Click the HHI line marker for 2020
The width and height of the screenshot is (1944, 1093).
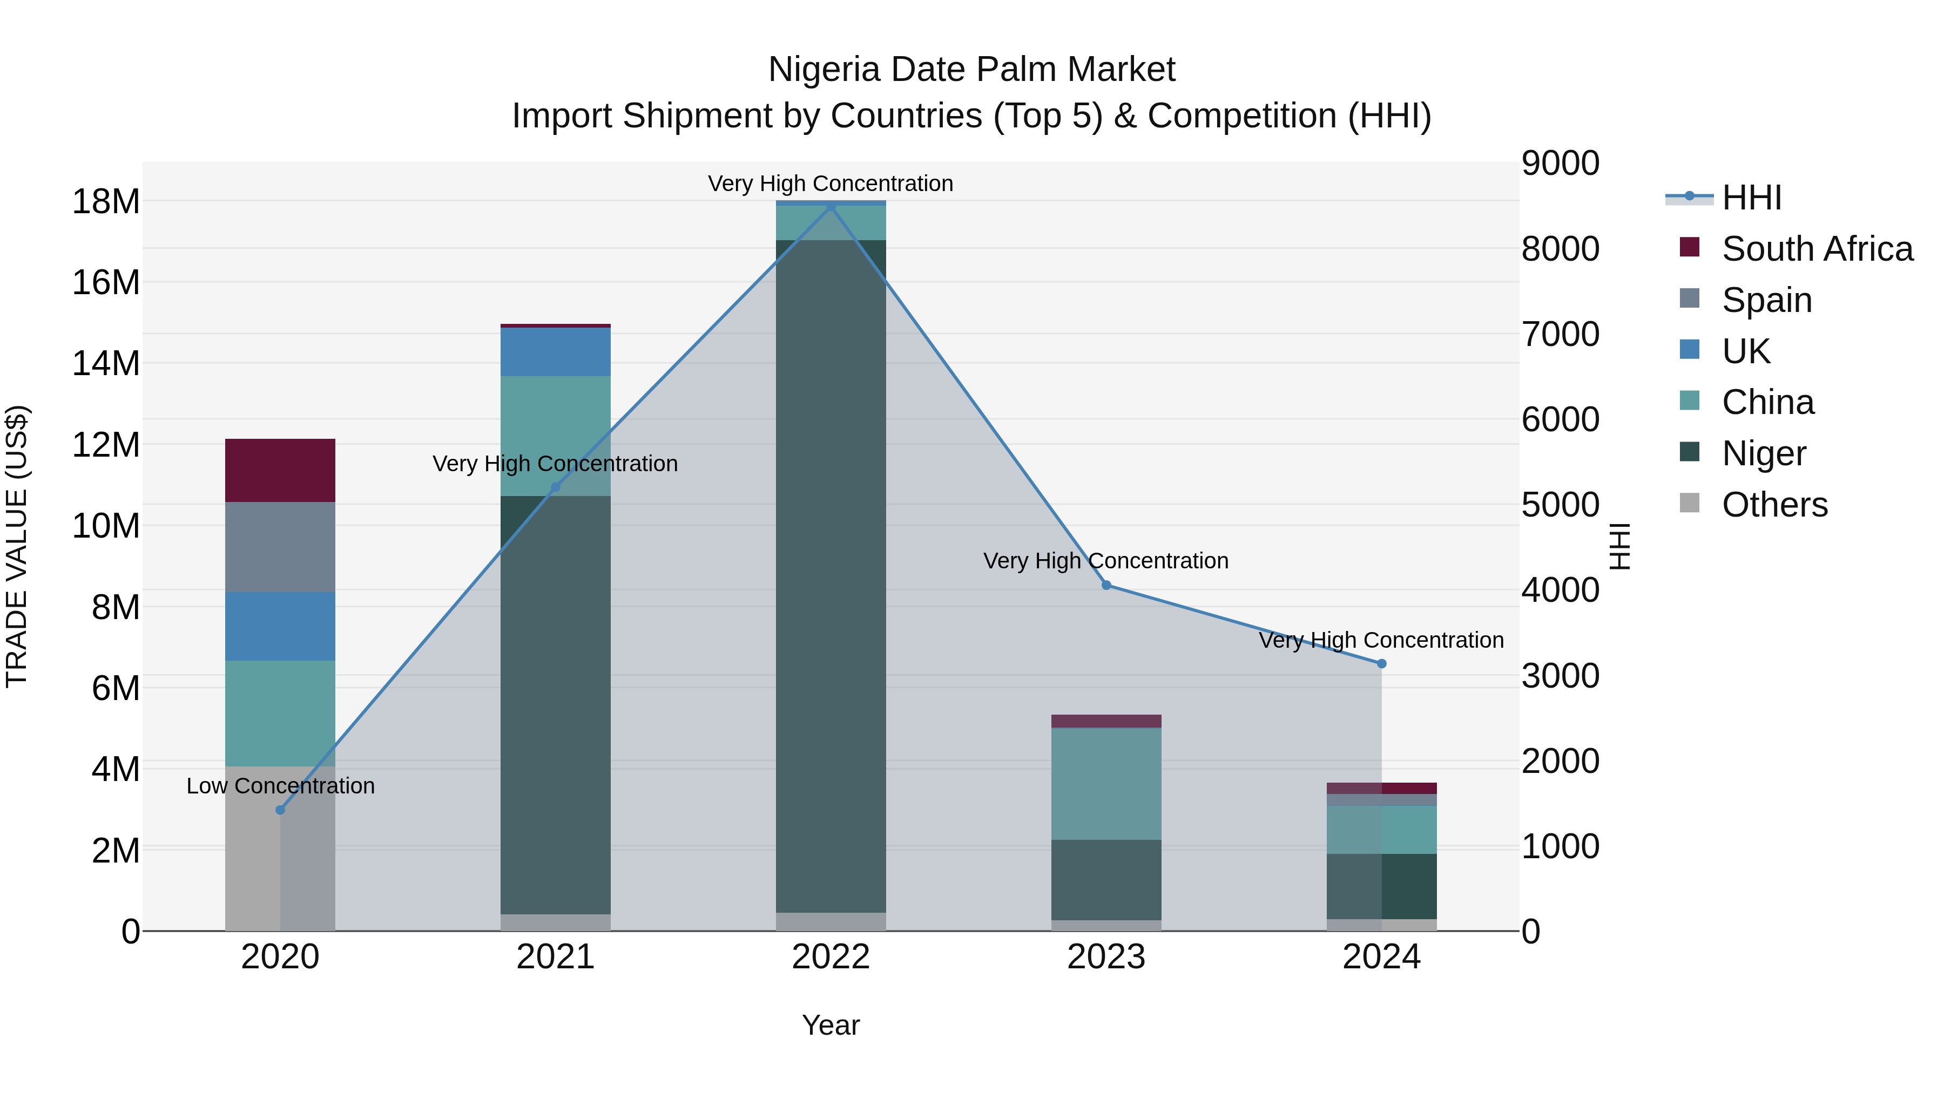pyautogui.click(x=280, y=810)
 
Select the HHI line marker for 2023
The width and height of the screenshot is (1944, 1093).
pyautogui.click(x=1106, y=585)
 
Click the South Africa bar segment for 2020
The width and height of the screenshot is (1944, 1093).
pyautogui.click(x=280, y=470)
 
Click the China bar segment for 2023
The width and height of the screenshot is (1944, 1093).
pyautogui.click(x=1106, y=783)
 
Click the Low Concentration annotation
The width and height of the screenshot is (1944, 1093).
pyautogui.click(x=280, y=786)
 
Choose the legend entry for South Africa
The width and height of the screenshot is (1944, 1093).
pyautogui.click(x=1817, y=249)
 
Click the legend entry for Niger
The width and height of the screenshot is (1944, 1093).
pyautogui.click(x=1764, y=453)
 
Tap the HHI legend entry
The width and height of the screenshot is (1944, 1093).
pyautogui.click(x=1751, y=198)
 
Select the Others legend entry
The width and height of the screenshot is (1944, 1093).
pyautogui.click(x=1774, y=505)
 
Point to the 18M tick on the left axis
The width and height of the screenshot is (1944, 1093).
pyautogui.click(x=106, y=201)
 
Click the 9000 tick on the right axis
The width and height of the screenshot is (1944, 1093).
pyautogui.click(x=1560, y=163)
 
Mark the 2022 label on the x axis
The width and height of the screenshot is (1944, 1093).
pyautogui.click(x=831, y=957)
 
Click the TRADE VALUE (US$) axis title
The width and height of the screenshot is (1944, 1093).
pyautogui.click(x=17, y=546)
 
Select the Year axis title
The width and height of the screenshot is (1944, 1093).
pyautogui.click(x=831, y=1025)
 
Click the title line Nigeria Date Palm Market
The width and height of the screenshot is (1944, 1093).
pyautogui.click(x=971, y=70)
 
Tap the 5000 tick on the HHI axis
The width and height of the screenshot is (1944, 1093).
pyautogui.click(x=1560, y=505)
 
